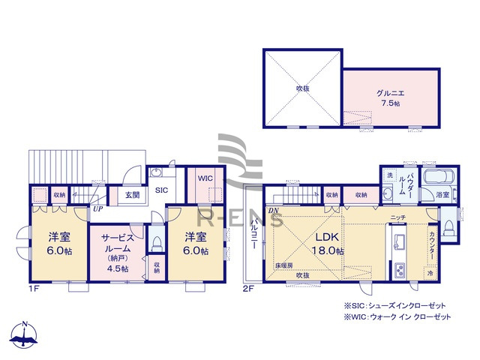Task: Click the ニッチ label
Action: (397, 217)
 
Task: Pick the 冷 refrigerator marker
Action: (430, 274)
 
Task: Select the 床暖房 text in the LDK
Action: (283, 266)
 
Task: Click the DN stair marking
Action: (274, 211)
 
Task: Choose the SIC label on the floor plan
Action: (161, 190)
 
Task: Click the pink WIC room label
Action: (206, 178)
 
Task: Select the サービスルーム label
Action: (116, 242)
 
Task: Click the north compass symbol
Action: (25, 337)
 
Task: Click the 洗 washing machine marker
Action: (389, 175)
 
